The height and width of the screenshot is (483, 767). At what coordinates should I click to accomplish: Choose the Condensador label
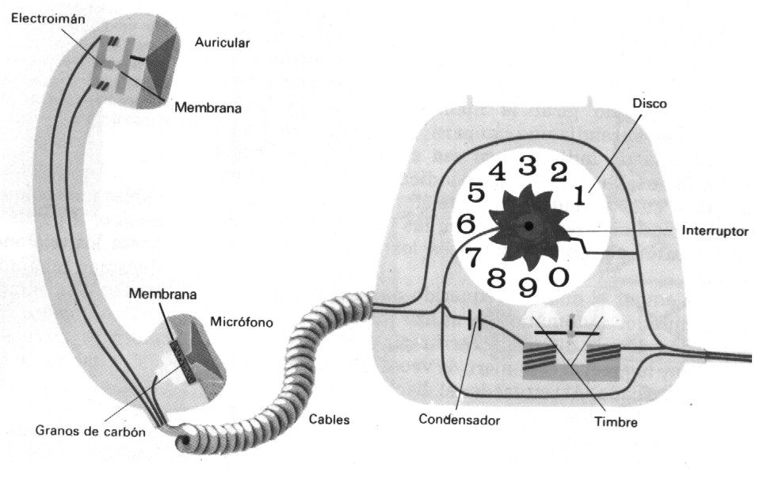[x=460, y=418]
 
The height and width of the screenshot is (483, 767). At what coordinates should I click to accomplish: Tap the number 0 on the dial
[x=559, y=277]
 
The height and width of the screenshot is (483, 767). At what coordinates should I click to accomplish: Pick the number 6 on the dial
[x=466, y=223]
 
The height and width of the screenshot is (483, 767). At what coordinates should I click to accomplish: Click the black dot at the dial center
[x=529, y=226]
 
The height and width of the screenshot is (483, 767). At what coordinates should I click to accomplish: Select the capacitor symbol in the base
[x=475, y=321]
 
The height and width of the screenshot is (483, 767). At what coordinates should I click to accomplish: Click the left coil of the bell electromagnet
[x=542, y=350]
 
